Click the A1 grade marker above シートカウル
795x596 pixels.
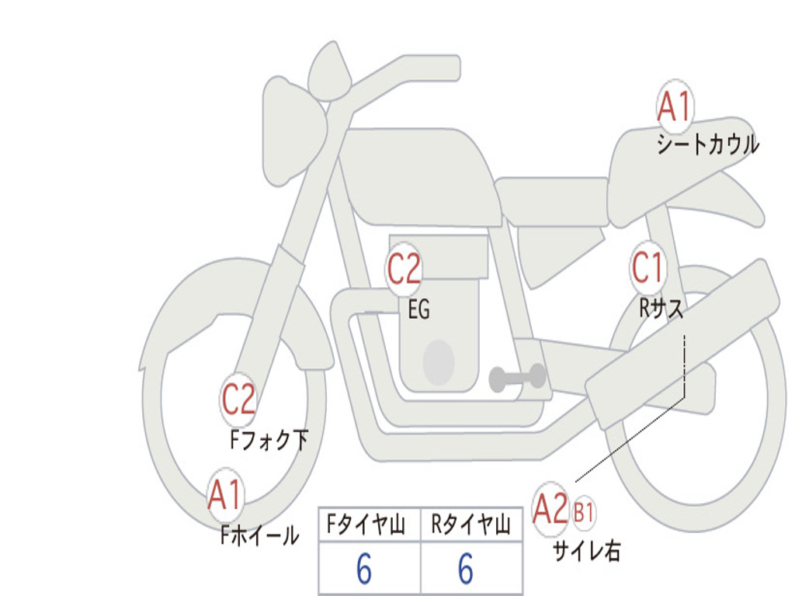point(674,106)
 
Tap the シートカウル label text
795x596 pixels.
point(707,144)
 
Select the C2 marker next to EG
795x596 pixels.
point(404,269)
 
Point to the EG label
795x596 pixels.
point(418,310)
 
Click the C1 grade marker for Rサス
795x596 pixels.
point(648,269)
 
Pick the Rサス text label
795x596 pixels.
point(661,309)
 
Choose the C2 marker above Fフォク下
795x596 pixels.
point(238,400)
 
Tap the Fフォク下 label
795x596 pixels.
point(269,441)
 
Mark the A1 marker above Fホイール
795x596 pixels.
point(225,495)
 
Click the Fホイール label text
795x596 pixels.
point(259,535)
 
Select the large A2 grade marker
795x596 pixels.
point(551,509)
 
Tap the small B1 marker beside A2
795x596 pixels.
point(585,512)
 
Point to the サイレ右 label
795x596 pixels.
point(586,551)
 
